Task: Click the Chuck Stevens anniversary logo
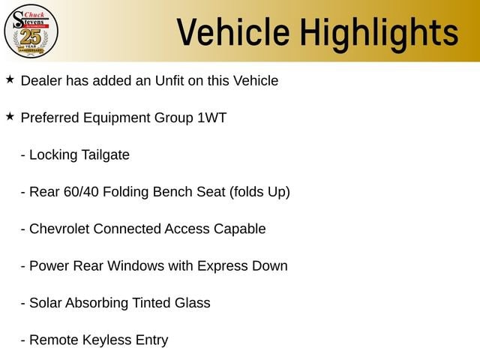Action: (31, 31)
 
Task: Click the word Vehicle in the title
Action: (233, 32)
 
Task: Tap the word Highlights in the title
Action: (379, 34)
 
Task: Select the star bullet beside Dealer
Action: (10, 79)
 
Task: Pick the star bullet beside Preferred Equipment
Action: (10, 117)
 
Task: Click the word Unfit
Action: (169, 81)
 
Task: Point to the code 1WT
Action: (211, 118)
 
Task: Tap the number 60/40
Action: (81, 192)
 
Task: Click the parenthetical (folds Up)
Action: (259, 193)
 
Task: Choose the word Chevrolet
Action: (59, 229)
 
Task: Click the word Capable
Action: (240, 229)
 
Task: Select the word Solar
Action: (45, 303)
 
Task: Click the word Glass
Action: (193, 303)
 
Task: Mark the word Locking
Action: (53, 155)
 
